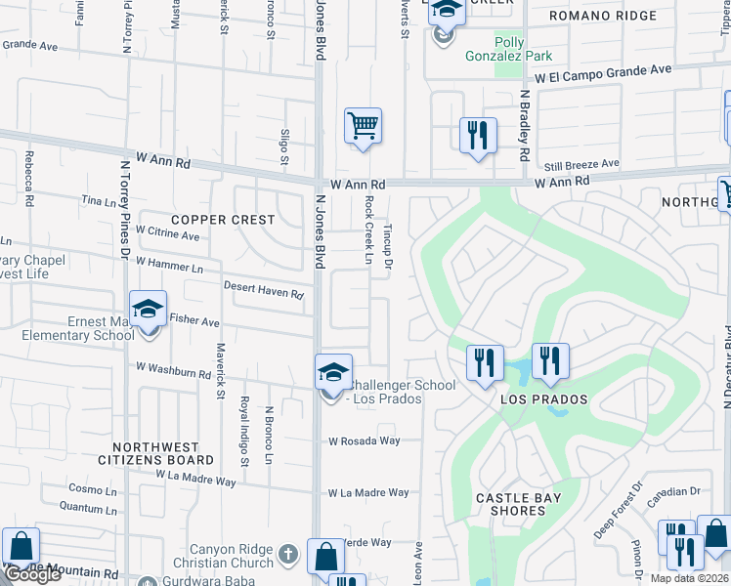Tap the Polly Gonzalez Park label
(524, 51)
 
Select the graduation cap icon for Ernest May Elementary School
(148, 310)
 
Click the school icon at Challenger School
(333, 373)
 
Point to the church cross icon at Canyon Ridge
(287, 554)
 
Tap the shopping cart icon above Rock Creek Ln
(363, 126)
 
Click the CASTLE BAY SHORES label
(518, 504)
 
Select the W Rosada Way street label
(365, 441)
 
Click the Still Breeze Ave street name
(582, 164)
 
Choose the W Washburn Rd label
(173, 371)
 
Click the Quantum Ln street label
(88, 507)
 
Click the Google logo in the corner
(31, 574)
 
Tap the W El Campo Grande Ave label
(602, 71)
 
